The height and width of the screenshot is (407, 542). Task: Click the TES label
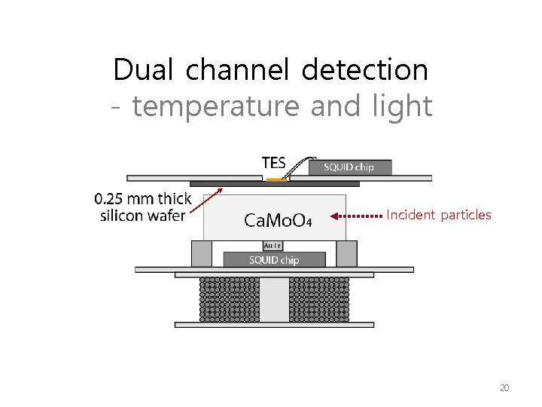coord(273,163)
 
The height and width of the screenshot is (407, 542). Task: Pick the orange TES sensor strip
coord(276,179)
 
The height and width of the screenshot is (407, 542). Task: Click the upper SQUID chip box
coord(348,167)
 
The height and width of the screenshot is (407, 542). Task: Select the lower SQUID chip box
coord(274,259)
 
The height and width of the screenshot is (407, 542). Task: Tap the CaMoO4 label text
coord(278,219)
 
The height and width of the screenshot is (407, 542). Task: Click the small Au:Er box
coord(273,245)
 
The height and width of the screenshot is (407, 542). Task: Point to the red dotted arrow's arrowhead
coord(336,216)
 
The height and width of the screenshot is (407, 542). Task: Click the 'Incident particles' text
coord(438,216)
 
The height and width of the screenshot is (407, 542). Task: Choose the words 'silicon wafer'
coord(143,216)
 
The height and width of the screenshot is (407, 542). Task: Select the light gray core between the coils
coord(274,299)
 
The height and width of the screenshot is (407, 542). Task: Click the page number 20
coord(504,388)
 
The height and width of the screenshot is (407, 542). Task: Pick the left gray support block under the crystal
coord(201,253)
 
